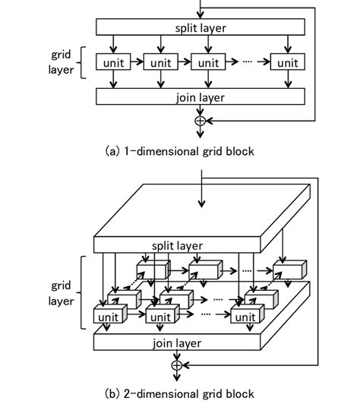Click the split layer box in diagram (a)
click(x=201, y=27)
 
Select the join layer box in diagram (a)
click(x=201, y=96)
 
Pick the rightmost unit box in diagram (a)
click(x=286, y=62)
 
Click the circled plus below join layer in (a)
click(x=201, y=120)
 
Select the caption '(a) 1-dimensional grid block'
click(x=179, y=150)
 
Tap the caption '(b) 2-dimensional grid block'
click(x=179, y=393)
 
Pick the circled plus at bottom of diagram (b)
click(x=177, y=365)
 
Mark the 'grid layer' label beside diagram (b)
click(x=63, y=295)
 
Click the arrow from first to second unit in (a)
click(x=137, y=62)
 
